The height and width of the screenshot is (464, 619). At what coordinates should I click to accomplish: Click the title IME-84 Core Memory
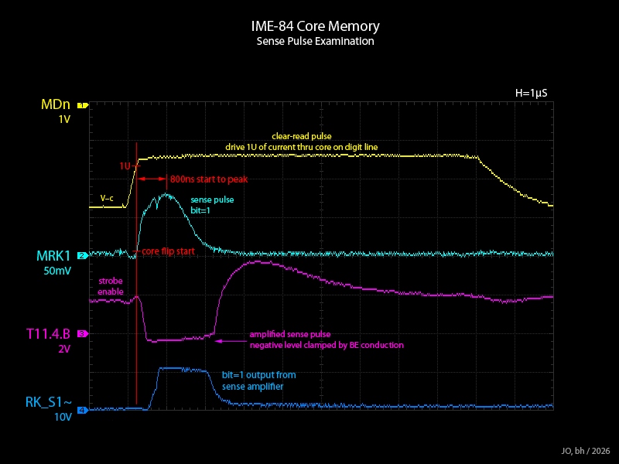(x=316, y=26)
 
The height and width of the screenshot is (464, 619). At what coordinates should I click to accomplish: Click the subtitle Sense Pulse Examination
(x=316, y=41)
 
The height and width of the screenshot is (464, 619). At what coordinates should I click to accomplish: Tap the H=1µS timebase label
(x=531, y=93)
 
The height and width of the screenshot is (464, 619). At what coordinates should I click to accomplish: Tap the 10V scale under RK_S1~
(x=62, y=418)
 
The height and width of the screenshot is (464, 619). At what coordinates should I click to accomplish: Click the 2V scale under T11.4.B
(x=64, y=350)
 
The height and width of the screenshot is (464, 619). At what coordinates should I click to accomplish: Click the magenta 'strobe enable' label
(x=111, y=286)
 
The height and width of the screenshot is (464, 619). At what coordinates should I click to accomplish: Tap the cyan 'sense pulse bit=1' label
(x=212, y=205)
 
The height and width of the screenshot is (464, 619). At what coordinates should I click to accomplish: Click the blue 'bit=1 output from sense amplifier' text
(x=258, y=380)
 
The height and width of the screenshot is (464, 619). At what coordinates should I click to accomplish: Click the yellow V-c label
(x=107, y=199)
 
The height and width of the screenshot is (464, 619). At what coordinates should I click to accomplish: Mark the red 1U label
(x=125, y=165)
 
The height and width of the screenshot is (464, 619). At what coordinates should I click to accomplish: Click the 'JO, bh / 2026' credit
(x=586, y=451)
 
